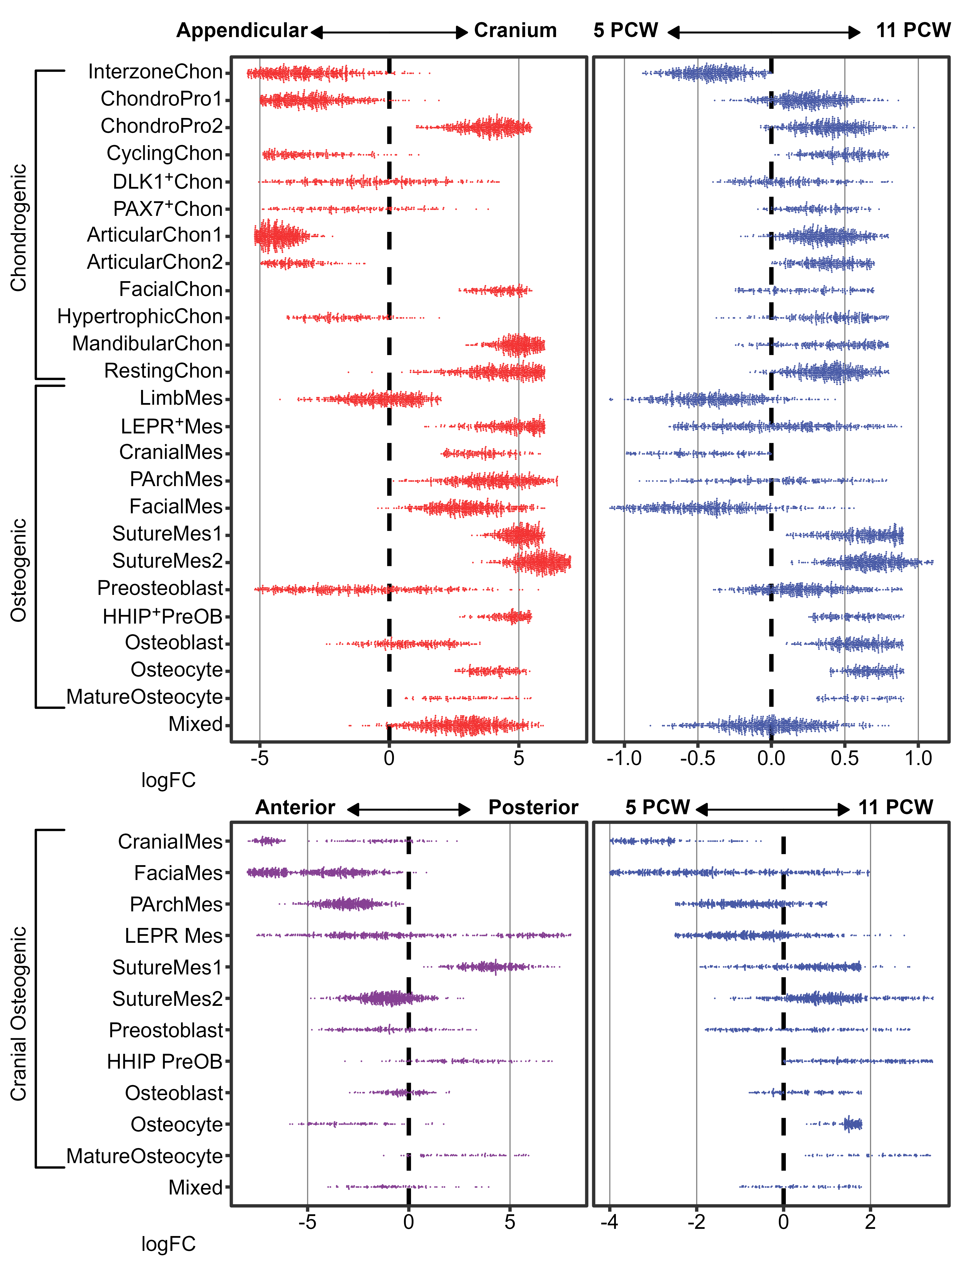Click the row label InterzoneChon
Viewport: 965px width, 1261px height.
click(155, 72)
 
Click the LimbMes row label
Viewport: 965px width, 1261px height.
click(181, 398)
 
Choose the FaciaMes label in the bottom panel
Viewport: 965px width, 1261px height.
click(178, 873)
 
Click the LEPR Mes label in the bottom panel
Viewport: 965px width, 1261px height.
click(173, 936)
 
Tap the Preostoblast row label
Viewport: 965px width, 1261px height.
click(166, 1030)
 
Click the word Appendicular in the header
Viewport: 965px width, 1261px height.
click(242, 30)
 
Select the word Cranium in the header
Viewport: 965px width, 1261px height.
click(515, 30)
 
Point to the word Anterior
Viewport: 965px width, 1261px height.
click(295, 808)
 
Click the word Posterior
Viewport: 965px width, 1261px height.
click(533, 808)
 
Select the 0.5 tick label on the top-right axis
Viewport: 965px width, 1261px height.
click(844, 758)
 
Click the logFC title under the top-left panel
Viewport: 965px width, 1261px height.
click(168, 780)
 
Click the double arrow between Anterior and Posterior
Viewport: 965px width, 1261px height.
click(409, 810)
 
